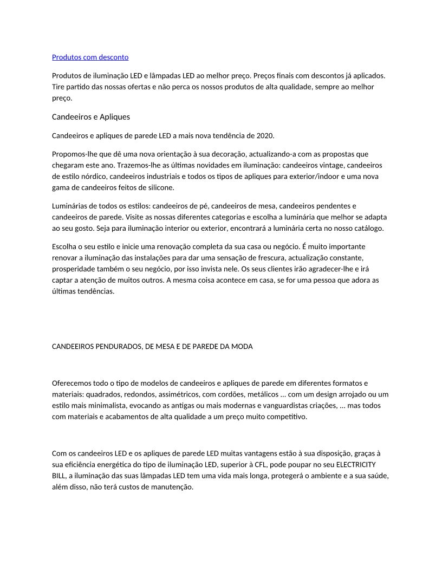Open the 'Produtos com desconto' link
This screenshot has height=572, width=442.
point(90,57)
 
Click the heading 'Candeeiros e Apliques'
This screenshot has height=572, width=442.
point(90,116)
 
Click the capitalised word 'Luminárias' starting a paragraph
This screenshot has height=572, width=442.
point(69,206)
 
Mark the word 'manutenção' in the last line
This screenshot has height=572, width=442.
point(174,487)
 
